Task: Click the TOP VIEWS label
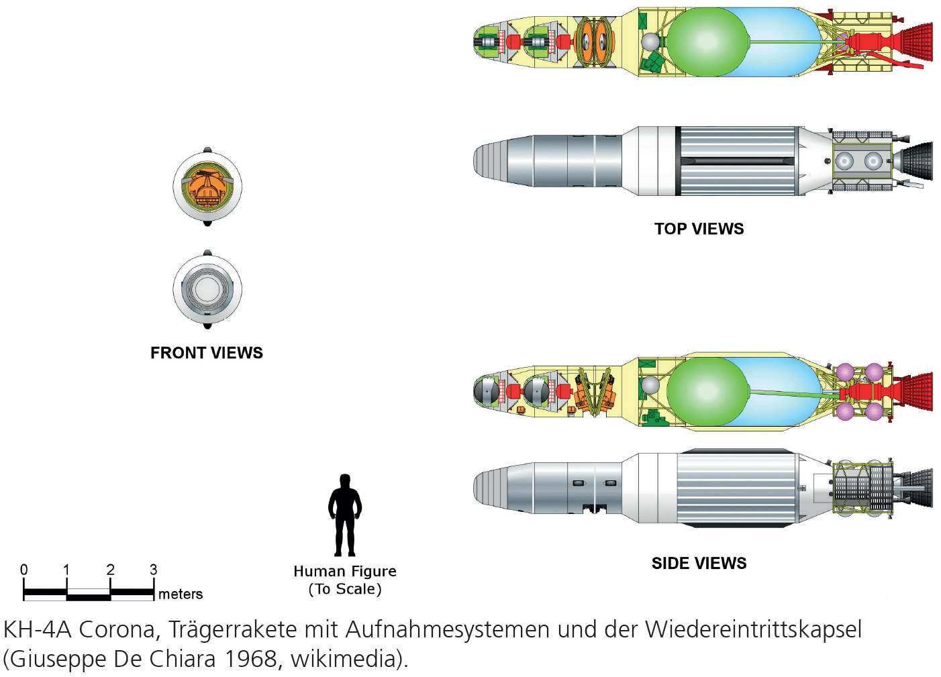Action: click(699, 229)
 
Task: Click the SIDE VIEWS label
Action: click(699, 563)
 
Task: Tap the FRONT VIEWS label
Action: click(206, 353)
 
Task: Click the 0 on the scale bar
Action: click(24, 570)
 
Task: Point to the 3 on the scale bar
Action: click(153, 570)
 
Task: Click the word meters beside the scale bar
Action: click(181, 594)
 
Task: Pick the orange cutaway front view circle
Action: click(207, 187)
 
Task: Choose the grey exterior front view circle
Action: click(207, 290)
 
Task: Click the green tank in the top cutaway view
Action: click(706, 42)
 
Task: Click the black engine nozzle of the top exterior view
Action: click(917, 160)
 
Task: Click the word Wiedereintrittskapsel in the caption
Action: click(753, 629)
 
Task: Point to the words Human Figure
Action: click(345, 571)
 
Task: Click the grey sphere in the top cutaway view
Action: click(650, 42)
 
